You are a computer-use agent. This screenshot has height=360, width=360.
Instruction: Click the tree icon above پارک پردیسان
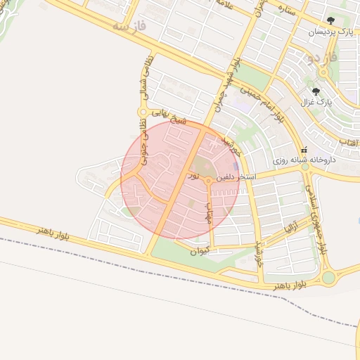pos(331,20)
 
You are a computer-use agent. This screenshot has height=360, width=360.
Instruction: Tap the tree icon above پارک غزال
pos(316,91)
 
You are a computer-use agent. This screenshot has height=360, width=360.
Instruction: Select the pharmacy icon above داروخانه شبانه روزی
pos(304,150)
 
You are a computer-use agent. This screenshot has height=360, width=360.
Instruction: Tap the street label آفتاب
pos(349,143)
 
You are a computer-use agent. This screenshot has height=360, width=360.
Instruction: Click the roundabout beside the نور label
pos(209,182)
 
